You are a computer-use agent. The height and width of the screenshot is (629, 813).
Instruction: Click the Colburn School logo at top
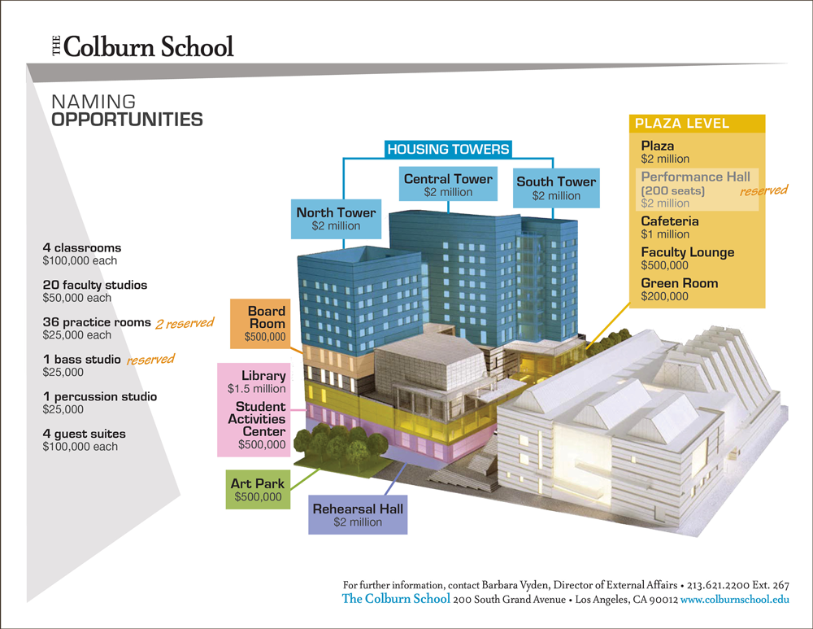[x=142, y=46]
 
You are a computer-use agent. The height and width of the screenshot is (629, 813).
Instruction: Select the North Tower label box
[x=336, y=219]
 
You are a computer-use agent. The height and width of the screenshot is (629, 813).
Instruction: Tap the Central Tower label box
[x=448, y=185]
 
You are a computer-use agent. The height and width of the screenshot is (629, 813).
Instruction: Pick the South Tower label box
[x=556, y=188]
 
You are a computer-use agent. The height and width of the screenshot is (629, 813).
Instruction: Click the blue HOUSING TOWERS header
[x=448, y=149]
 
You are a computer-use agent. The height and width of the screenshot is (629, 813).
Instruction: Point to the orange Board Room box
[x=266, y=323]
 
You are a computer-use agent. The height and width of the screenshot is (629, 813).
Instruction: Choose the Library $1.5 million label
[x=257, y=382]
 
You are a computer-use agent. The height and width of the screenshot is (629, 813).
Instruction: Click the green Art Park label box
[x=258, y=490]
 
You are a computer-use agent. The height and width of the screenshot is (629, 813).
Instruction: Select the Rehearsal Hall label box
[x=358, y=515]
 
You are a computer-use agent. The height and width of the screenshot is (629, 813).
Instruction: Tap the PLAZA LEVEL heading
[x=681, y=124]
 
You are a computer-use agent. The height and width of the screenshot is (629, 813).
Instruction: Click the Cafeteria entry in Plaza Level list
[x=669, y=227]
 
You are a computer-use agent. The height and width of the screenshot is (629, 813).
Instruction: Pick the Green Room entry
[x=679, y=289]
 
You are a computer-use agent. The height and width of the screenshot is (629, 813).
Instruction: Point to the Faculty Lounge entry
[x=687, y=258]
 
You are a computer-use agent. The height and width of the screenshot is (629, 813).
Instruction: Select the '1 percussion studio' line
[x=100, y=396]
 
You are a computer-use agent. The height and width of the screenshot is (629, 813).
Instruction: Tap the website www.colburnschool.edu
[x=735, y=600]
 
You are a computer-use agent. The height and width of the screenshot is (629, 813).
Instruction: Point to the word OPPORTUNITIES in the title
[x=127, y=120]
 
